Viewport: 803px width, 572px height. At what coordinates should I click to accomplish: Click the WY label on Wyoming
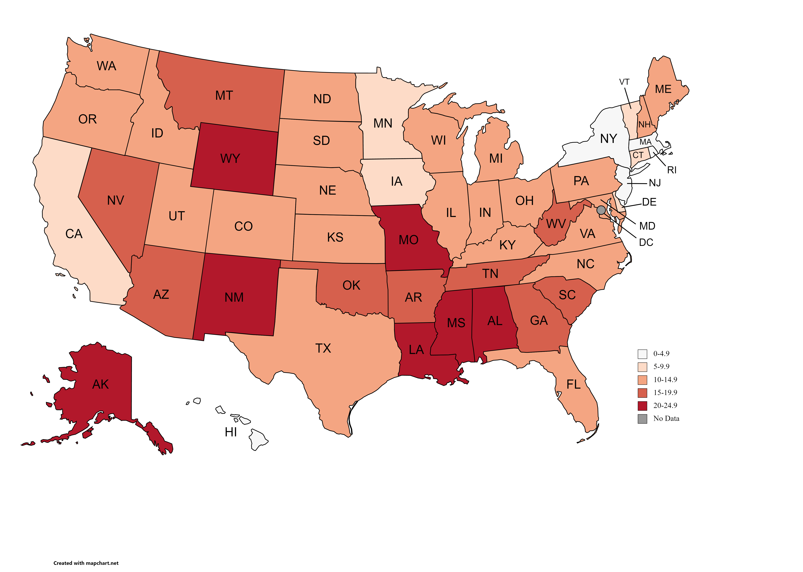(230, 158)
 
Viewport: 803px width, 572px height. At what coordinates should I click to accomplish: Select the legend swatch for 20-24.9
(642, 406)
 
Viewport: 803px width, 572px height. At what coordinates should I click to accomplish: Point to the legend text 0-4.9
(661, 354)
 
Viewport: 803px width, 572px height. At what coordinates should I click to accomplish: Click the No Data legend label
(666, 418)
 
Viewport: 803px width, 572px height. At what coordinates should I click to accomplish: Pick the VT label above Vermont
(624, 82)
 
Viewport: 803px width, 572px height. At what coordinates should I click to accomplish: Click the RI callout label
(672, 170)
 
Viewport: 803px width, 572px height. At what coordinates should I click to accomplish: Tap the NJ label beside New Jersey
(655, 183)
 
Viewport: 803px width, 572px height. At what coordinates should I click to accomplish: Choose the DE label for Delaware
(649, 202)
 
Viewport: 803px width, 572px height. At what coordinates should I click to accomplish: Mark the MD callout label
(647, 226)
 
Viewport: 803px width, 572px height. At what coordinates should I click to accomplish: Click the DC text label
(646, 242)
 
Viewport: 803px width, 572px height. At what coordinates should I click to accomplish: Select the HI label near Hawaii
(231, 432)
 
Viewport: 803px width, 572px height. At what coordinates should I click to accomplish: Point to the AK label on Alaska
(101, 384)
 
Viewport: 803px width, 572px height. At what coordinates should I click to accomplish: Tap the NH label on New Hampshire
(644, 125)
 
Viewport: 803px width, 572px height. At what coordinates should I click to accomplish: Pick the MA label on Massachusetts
(645, 142)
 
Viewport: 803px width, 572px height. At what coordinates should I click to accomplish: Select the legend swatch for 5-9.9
(642, 367)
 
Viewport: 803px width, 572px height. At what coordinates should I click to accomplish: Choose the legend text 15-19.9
(665, 392)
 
